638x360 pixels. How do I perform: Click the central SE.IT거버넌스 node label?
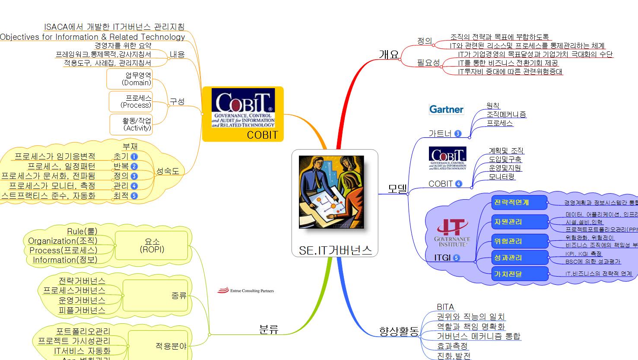click(x=335, y=250)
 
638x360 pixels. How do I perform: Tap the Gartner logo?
click(x=446, y=109)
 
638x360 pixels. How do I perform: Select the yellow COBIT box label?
click(x=262, y=135)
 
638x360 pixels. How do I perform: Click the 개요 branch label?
click(x=389, y=54)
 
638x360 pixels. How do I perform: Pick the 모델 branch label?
click(x=397, y=188)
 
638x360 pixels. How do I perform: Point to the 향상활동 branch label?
click(x=399, y=331)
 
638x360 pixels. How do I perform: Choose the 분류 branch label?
click(x=268, y=329)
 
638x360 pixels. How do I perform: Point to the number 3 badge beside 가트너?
click(x=457, y=134)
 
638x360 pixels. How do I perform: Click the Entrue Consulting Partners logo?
click(x=245, y=291)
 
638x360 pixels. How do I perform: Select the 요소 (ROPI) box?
click(x=152, y=245)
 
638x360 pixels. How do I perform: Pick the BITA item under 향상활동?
click(x=445, y=307)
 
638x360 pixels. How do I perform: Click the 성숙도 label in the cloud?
click(x=168, y=171)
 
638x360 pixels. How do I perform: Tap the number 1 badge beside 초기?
click(x=134, y=156)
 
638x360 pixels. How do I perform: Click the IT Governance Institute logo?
click(x=452, y=233)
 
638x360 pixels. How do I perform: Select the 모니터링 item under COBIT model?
click(x=502, y=177)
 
